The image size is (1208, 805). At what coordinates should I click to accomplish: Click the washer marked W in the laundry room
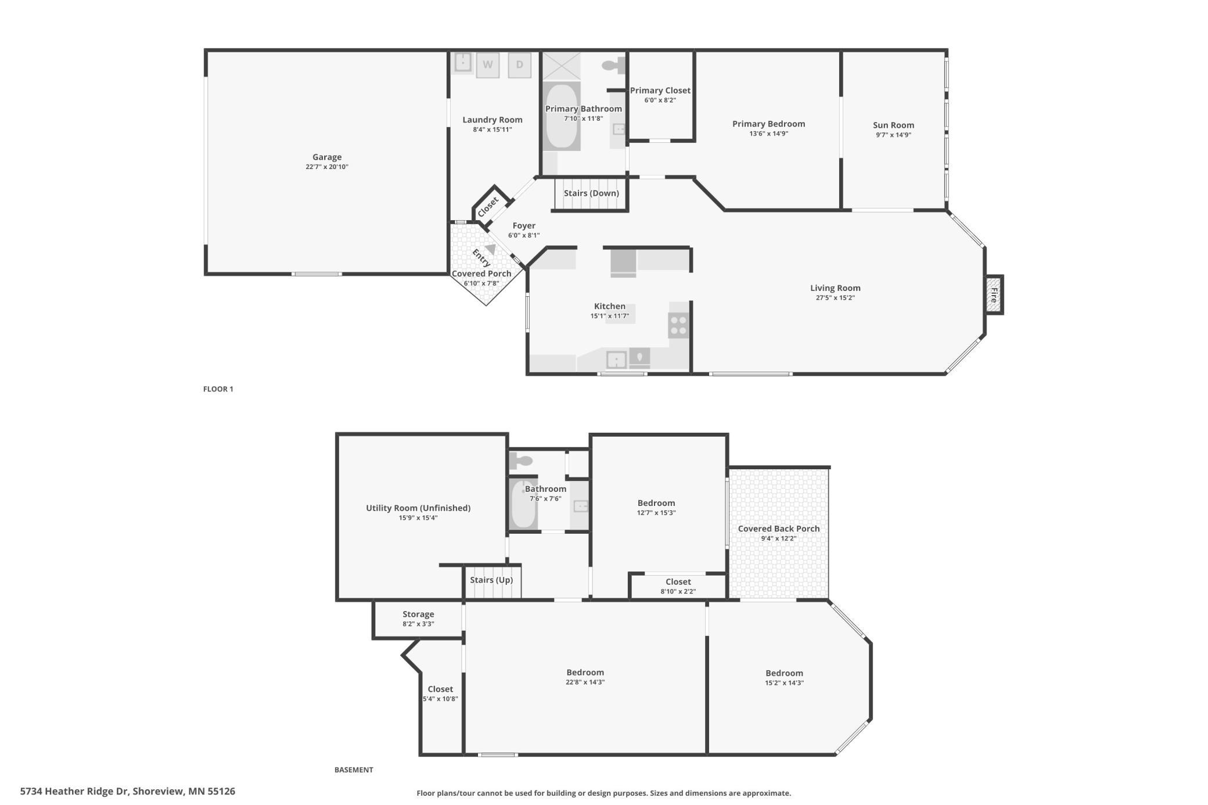487,64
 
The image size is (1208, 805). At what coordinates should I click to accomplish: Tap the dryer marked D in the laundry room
519,64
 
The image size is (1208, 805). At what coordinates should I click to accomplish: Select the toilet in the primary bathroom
613,65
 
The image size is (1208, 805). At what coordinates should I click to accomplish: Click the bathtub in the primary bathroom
562,116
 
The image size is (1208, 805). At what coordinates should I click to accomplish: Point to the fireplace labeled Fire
994,295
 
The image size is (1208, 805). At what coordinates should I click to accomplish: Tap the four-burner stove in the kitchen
678,325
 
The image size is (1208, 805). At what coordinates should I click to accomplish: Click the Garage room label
327,157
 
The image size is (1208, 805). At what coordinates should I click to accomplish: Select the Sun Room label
893,125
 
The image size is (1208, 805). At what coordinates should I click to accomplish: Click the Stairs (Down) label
591,193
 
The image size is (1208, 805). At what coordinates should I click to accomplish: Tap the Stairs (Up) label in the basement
491,580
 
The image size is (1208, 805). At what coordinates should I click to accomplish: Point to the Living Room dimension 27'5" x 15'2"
835,298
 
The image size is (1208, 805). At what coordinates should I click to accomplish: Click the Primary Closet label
660,90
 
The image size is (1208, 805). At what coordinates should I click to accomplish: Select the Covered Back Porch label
779,529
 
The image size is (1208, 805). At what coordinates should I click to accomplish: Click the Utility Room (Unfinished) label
418,508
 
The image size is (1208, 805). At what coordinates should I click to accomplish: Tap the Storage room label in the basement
418,614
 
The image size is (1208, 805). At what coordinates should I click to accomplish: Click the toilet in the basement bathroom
521,461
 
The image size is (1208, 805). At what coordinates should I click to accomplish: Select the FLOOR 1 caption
218,389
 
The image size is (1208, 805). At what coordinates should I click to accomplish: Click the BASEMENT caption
354,770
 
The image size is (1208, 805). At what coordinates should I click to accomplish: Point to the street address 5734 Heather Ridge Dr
75,791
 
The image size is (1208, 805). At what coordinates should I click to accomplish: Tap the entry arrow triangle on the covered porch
491,249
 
